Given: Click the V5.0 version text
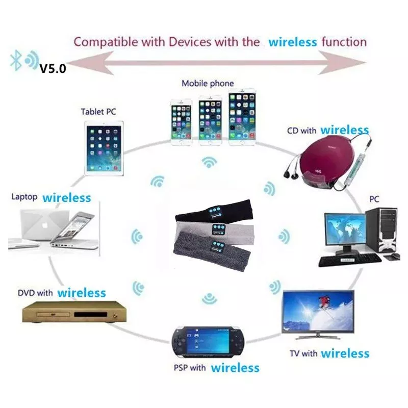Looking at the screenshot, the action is point(53,68).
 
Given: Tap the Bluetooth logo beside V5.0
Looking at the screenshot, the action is point(16,60).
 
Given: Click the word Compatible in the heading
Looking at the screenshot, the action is point(106,42).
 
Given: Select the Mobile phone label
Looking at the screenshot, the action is point(208,83).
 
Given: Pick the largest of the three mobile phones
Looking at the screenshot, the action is point(242,117).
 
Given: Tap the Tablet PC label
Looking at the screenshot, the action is point(98,112).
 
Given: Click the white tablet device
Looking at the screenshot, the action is point(104,148).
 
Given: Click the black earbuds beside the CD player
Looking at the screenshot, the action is point(291,174).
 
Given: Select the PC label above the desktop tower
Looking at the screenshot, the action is point(374,199).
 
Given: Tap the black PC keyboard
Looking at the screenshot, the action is point(350,261).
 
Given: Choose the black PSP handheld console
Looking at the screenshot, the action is point(208,342).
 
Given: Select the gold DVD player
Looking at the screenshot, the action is point(74,312).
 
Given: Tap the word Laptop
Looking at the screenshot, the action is point(24,197).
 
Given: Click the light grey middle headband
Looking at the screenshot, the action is point(215,229).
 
